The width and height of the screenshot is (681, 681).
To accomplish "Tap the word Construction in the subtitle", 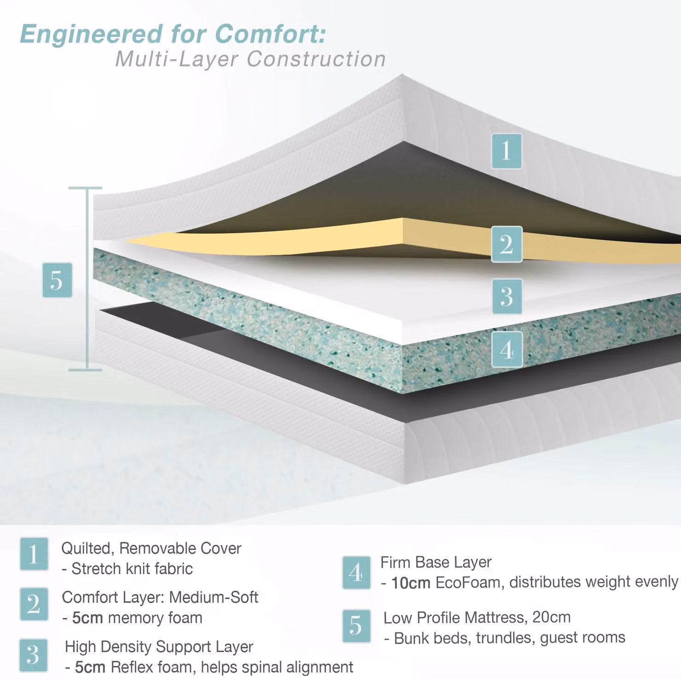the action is tap(316, 59).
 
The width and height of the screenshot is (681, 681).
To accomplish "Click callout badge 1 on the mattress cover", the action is tap(507, 151).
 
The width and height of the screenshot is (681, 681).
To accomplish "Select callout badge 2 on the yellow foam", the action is tap(507, 244).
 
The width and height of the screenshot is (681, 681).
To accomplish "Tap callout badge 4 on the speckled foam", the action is tap(507, 349).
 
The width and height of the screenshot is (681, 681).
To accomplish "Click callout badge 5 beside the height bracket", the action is tap(57, 280).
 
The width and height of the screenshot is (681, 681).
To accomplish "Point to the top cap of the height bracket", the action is tap(85, 188).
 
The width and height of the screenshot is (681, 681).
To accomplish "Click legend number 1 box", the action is tap(34, 554).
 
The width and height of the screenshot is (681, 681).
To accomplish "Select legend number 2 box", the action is tap(34, 604).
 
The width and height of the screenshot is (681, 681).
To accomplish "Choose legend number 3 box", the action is tap(33, 655).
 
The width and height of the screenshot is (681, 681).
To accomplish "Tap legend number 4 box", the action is tap(356, 573).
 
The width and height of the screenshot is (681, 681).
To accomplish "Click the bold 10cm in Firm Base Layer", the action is tap(410, 583).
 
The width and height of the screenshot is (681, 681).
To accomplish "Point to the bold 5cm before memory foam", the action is tap(87, 618).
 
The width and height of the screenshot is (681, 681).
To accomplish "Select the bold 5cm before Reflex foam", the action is tap(90, 667).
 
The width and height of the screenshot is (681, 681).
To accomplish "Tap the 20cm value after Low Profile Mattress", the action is tap(551, 617).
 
